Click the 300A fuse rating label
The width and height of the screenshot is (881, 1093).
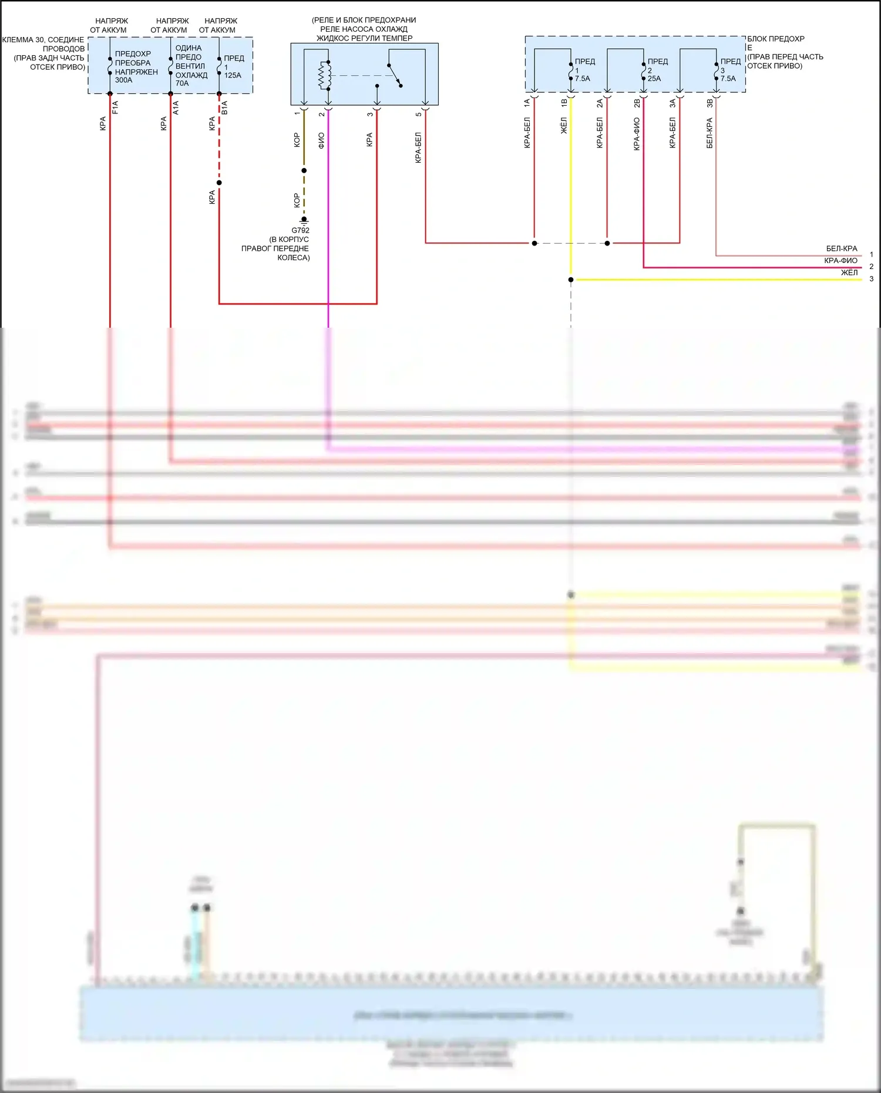click(123, 80)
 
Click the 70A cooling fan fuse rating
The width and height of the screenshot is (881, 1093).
click(182, 83)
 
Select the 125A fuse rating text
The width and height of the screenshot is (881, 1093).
click(233, 75)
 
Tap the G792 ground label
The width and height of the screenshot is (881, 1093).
click(300, 230)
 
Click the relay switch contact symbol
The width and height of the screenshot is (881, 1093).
click(395, 75)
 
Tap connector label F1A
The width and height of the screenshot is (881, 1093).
click(116, 107)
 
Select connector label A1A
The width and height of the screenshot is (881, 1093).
click(176, 107)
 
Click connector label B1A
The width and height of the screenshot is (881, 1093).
click(224, 107)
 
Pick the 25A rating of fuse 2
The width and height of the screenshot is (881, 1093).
click(654, 79)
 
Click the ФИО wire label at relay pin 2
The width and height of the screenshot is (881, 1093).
click(321, 140)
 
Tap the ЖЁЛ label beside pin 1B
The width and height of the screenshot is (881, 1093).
click(564, 125)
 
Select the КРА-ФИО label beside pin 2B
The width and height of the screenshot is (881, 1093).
click(637, 134)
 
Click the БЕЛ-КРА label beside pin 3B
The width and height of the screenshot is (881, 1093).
click(709, 133)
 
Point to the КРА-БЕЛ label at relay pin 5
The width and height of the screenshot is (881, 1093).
click(418, 147)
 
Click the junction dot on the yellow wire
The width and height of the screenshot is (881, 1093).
click(571, 280)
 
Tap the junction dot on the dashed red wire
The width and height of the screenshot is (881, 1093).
click(219, 183)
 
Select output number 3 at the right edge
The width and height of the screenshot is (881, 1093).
click(872, 279)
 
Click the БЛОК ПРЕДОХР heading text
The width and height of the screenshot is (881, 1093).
click(776, 39)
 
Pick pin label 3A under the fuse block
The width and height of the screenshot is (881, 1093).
click(673, 103)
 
